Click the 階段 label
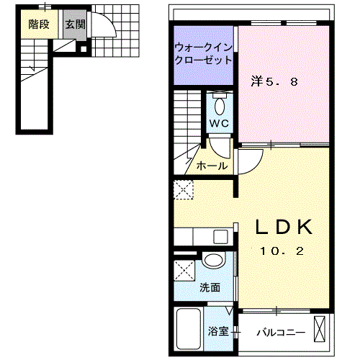click(x=39, y=24)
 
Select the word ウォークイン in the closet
click(x=202, y=48)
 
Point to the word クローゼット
click(x=202, y=61)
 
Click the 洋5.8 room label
click(x=274, y=81)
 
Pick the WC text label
click(x=219, y=123)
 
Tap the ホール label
click(x=212, y=166)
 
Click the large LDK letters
click(x=285, y=228)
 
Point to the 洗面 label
click(x=210, y=287)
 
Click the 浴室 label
click(x=217, y=332)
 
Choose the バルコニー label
click(x=282, y=333)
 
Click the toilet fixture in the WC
click(x=220, y=104)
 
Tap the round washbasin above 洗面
click(x=213, y=261)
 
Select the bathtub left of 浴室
click(x=189, y=329)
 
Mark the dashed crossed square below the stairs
click(x=181, y=190)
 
